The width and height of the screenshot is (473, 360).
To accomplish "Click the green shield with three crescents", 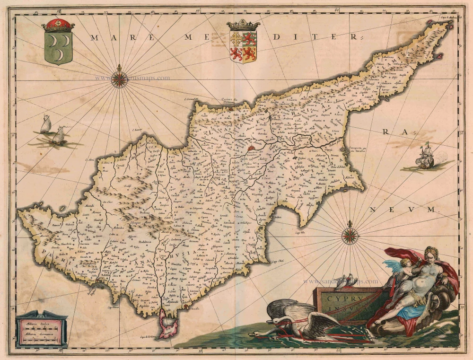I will pos(58,49).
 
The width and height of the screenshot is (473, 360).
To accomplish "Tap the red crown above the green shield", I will pos(58,25).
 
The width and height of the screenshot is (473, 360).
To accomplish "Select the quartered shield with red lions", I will pos(243,46).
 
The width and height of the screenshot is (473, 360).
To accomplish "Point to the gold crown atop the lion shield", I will pos(243,25).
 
